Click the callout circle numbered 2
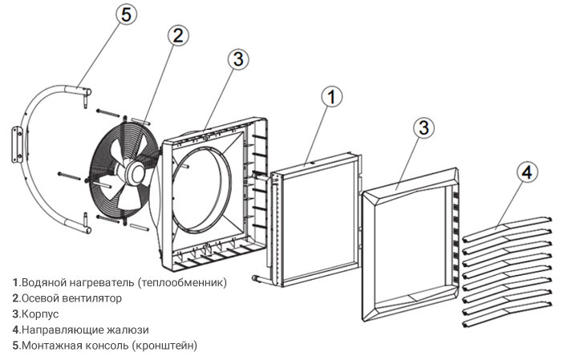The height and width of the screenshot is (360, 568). click(x=178, y=35)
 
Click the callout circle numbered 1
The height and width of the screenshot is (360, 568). click(x=332, y=96)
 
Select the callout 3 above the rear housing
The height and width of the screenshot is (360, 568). click(x=237, y=59)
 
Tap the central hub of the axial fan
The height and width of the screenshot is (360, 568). click(x=134, y=171)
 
